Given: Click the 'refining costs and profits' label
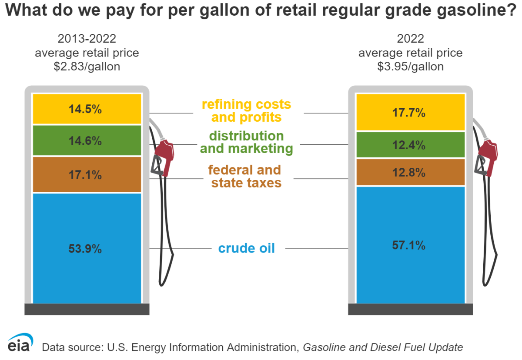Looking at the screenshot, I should point(246,111).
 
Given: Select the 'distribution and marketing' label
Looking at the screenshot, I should point(246,142).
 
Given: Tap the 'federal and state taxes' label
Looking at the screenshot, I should point(246,176).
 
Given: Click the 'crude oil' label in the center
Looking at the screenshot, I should point(246,248).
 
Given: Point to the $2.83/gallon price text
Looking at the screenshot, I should point(87,67).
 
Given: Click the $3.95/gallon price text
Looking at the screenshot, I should point(410,67).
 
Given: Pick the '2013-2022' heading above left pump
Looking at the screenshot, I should point(87,39).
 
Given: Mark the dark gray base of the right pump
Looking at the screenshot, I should point(410,309).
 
